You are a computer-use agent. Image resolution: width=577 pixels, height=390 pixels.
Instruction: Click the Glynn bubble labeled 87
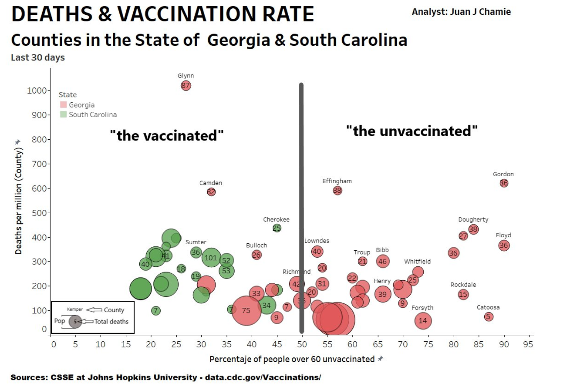(x=186, y=85)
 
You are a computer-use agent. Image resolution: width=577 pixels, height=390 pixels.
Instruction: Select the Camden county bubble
(x=211, y=192)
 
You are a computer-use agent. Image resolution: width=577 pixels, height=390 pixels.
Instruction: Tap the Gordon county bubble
(x=504, y=183)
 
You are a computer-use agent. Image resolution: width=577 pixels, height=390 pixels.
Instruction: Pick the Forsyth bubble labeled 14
(x=423, y=321)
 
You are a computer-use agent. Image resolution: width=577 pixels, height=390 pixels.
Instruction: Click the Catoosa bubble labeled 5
(x=489, y=316)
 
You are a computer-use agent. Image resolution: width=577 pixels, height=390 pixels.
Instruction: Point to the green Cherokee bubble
(x=277, y=228)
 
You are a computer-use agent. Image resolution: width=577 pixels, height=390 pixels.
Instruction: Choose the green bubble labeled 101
(x=211, y=258)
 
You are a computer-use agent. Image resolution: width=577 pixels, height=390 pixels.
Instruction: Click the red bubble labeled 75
(x=246, y=310)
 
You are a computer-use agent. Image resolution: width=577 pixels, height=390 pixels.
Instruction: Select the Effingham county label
(x=337, y=181)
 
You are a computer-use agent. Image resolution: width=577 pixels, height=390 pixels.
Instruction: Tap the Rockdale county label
(x=463, y=285)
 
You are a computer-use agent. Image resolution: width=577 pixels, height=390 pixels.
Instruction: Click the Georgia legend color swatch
(x=63, y=105)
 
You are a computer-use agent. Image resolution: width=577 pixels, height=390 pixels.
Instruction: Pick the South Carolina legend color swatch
(x=63, y=114)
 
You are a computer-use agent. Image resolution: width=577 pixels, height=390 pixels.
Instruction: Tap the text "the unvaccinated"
(x=412, y=131)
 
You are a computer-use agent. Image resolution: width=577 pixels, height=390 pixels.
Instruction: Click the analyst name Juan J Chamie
(x=461, y=12)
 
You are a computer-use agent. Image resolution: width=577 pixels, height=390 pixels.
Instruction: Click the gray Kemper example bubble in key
(x=75, y=321)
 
